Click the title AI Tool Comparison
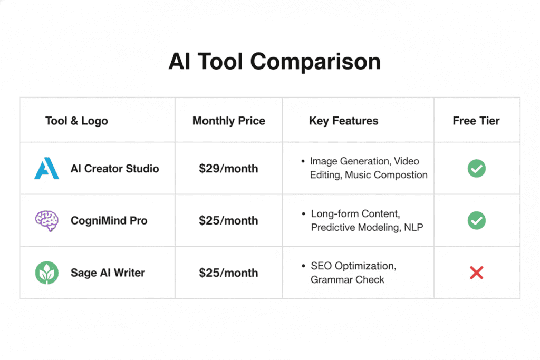click(x=274, y=62)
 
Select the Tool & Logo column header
click(x=76, y=121)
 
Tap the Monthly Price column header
click(x=228, y=121)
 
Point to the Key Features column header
click(x=343, y=121)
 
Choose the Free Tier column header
click(x=476, y=121)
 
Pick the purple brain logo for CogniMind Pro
click(x=46, y=220)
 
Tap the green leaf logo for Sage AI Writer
click(x=46, y=273)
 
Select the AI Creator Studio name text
click(x=114, y=169)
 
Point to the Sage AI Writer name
click(x=108, y=273)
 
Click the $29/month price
click(x=228, y=169)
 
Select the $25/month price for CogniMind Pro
click(x=228, y=220)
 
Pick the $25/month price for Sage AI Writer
click(x=228, y=273)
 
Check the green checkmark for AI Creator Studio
click(x=476, y=169)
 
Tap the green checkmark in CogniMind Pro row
click(x=476, y=220)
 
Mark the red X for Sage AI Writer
click(x=476, y=273)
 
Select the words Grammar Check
click(x=347, y=279)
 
